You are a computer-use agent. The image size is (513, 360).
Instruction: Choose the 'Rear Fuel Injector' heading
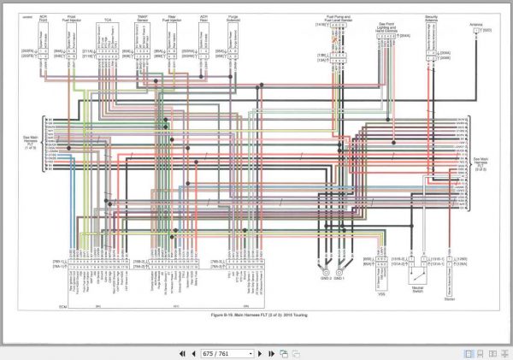[173, 18]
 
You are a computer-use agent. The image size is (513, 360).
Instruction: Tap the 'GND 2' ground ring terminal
[324, 271]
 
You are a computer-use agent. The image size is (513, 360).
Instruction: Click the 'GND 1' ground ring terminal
[339, 271]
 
